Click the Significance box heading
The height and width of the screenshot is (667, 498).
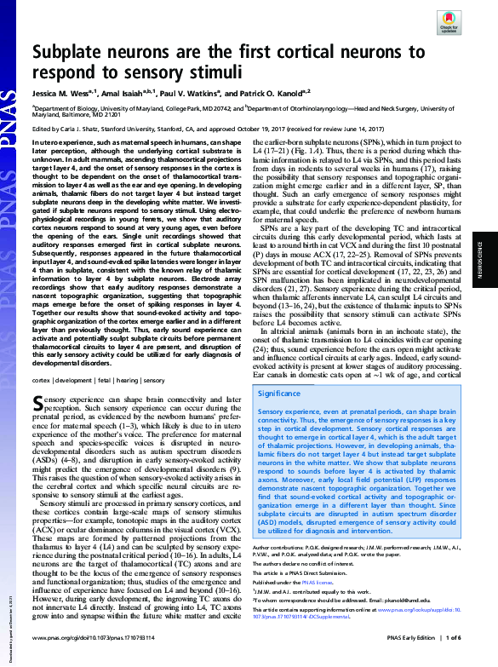tap(278, 394)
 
